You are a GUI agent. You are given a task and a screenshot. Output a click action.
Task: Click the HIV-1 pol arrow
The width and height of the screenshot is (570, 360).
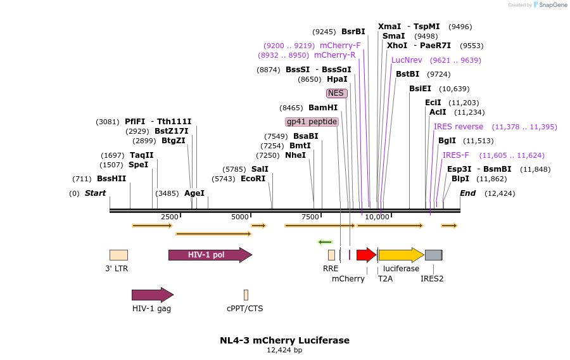pyautogui.click(x=210, y=255)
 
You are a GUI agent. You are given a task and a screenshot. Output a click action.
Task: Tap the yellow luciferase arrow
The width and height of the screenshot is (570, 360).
pyautogui.click(x=401, y=255)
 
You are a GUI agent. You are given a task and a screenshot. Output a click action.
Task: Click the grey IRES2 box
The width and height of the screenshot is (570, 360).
pyautogui.click(x=434, y=255)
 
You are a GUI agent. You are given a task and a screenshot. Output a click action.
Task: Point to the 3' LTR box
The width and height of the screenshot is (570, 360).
pyautogui.click(x=118, y=255)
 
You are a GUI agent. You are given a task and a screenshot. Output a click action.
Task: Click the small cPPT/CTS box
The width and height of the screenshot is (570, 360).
pyautogui.click(x=246, y=295)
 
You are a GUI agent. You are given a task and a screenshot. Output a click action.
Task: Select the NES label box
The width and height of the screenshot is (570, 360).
pyautogui.click(x=336, y=93)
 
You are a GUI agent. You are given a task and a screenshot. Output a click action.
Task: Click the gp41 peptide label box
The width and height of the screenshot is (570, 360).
pyautogui.click(x=312, y=122)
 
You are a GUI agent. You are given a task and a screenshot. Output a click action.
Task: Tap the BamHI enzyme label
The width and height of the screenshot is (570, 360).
pyautogui.click(x=323, y=108)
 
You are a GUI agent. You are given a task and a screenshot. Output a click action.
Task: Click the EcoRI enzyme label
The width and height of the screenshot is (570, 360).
pyautogui.click(x=253, y=179)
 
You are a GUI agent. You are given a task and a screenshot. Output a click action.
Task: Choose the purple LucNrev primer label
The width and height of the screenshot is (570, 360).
pyautogui.click(x=407, y=60)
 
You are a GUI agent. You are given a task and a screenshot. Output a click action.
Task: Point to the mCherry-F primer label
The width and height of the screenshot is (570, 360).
pyautogui.click(x=340, y=46)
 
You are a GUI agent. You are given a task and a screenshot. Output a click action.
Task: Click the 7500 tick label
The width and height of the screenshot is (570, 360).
pyautogui.click(x=310, y=217)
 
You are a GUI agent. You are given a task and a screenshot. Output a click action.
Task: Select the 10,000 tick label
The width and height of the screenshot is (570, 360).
pyautogui.click(x=377, y=217)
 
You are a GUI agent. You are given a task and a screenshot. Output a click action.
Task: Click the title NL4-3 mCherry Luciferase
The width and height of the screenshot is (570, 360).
pyautogui.click(x=284, y=340)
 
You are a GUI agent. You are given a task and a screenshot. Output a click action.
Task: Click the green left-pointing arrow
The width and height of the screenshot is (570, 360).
pyautogui.click(x=325, y=241)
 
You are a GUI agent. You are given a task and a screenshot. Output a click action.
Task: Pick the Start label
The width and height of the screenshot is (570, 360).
pyautogui.click(x=96, y=193)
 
